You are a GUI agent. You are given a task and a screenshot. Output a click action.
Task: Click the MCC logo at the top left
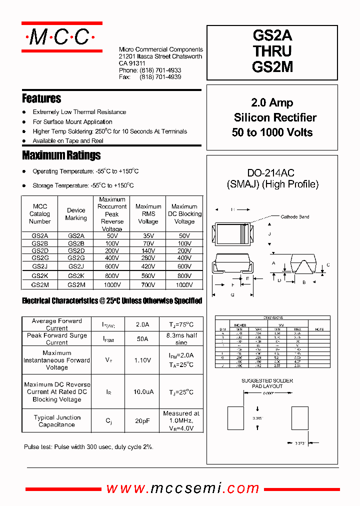[61, 36]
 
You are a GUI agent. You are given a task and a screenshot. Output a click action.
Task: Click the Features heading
[41, 98]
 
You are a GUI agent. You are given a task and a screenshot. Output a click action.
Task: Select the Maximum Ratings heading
[61, 155]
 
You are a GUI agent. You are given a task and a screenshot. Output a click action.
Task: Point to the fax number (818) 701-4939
[160, 77]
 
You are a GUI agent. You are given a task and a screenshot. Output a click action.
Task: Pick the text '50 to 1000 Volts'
[272, 132]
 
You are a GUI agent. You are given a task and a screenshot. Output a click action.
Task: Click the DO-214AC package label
[272, 173]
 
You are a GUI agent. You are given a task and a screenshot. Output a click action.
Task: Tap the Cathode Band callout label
[294, 216]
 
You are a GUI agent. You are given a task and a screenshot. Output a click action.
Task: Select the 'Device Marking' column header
[76, 214]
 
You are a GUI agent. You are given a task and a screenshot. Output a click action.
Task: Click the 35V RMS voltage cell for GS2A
[148, 235]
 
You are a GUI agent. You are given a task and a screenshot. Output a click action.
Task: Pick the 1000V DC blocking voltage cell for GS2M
[184, 284]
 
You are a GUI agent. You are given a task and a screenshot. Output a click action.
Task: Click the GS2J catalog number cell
[40, 266]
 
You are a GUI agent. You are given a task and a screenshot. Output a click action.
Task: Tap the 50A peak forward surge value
[142, 339]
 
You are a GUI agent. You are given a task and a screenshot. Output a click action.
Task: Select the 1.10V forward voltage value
[142, 360]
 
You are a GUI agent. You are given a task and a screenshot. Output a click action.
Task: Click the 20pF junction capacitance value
[142, 421]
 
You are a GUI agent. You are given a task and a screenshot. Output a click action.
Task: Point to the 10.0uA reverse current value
[142, 392]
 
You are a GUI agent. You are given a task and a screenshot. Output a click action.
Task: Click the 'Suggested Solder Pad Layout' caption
[267, 383]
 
